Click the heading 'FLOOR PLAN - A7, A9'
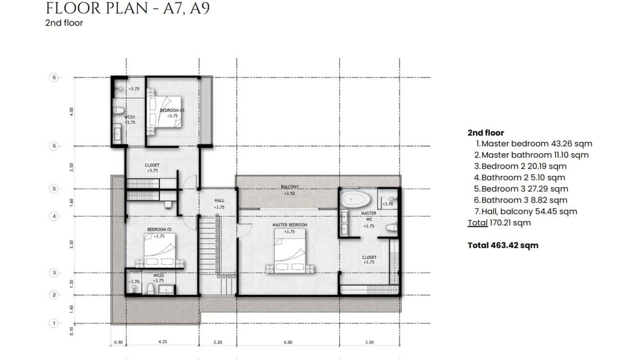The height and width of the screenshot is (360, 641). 127,8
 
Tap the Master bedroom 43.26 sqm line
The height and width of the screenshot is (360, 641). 534,144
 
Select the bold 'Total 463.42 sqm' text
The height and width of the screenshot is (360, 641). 502,245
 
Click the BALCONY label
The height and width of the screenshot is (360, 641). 289,187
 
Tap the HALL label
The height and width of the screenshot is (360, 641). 219,201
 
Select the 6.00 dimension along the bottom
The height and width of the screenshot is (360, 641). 288,342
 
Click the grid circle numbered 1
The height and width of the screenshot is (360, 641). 54,323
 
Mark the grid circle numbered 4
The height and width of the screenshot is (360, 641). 54,216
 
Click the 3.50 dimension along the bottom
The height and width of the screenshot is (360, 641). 369,342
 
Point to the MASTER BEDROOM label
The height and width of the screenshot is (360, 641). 289,225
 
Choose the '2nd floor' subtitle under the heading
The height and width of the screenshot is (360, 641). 64,23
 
